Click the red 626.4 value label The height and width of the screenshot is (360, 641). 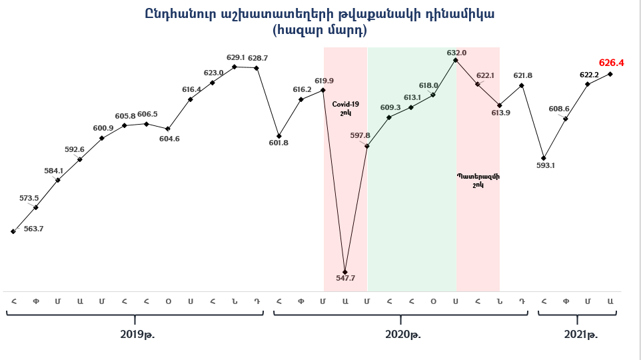[611, 63]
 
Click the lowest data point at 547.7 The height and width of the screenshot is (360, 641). [345, 272]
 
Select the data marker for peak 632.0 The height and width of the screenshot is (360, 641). [456, 60]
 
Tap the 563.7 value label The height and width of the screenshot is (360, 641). [33, 229]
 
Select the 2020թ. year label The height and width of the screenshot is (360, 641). [403, 334]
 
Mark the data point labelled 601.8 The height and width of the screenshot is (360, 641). [279, 135]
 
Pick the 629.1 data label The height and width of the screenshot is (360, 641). [235, 57]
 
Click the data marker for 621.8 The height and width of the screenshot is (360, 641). [522, 85]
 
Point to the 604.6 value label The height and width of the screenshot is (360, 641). [169, 139]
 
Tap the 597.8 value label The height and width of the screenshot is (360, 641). [360, 135]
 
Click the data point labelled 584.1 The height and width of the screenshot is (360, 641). [59, 180]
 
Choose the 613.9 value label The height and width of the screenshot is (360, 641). [500, 113]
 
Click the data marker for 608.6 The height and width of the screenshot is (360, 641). [566, 119]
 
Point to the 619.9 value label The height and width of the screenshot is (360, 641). [324, 81]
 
